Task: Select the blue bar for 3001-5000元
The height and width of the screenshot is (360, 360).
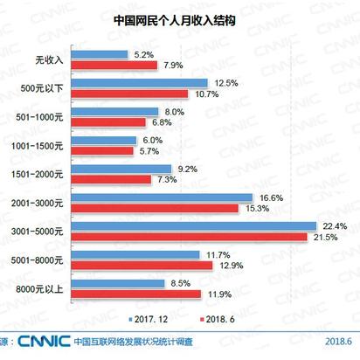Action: click(193, 225)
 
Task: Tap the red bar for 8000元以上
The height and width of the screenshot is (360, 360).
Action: click(135, 294)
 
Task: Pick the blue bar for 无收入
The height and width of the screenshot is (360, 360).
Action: click(99, 55)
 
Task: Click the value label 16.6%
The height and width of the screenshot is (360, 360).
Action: click(270, 197)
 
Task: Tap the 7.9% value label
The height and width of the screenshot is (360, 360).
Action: click(172, 66)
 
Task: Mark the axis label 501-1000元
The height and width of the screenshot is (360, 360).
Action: click(41, 116)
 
